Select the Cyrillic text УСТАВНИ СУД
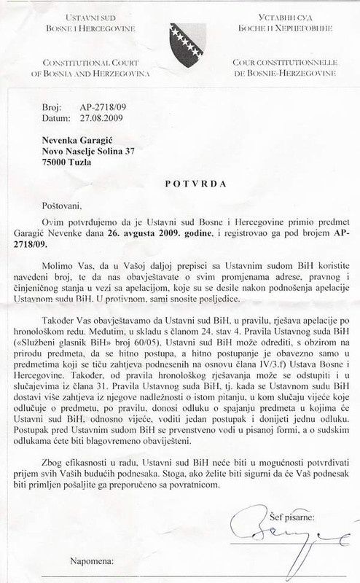pyautogui.click(x=285, y=16)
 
